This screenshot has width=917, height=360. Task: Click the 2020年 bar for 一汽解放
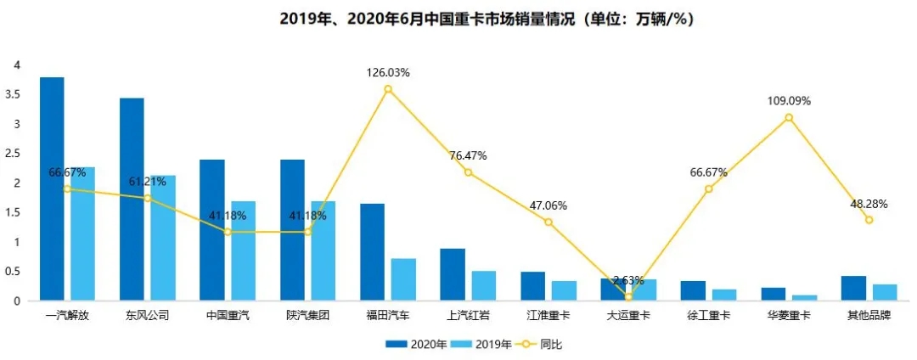pyautogui.click(x=52, y=188)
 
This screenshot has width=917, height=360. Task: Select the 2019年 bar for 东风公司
pyautogui.click(x=163, y=238)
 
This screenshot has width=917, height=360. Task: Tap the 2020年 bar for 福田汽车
pyautogui.click(x=372, y=252)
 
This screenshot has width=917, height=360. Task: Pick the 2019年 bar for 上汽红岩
pyautogui.click(x=484, y=285)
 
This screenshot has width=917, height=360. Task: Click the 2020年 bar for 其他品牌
pyautogui.click(x=853, y=288)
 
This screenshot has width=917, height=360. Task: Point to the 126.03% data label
pyautogui.click(x=388, y=73)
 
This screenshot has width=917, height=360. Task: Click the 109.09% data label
pyautogui.click(x=788, y=101)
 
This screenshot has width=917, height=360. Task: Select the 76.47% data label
pyautogui.click(x=468, y=156)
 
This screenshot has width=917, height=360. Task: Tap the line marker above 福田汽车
pyautogui.click(x=388, y=89)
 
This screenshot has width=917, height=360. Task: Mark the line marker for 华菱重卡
pyautogui.click(x=789, y=117)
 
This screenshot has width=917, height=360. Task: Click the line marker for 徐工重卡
pyautogui.click(x=708, y=188)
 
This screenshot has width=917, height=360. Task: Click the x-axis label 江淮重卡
pyautogui.click(x=548, y=315)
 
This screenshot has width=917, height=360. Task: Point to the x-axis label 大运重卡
pyautogui.click(x=627, y=315)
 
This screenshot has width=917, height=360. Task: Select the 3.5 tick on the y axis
pyautogui.click(x=12, y=94)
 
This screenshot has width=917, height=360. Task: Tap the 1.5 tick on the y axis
pyautogui.click(x=12, y=212)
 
